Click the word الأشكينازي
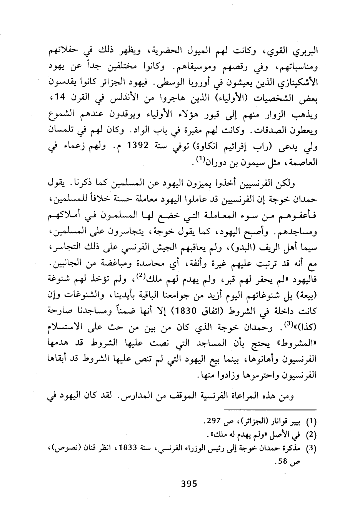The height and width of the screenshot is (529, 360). tap(297, 83)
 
